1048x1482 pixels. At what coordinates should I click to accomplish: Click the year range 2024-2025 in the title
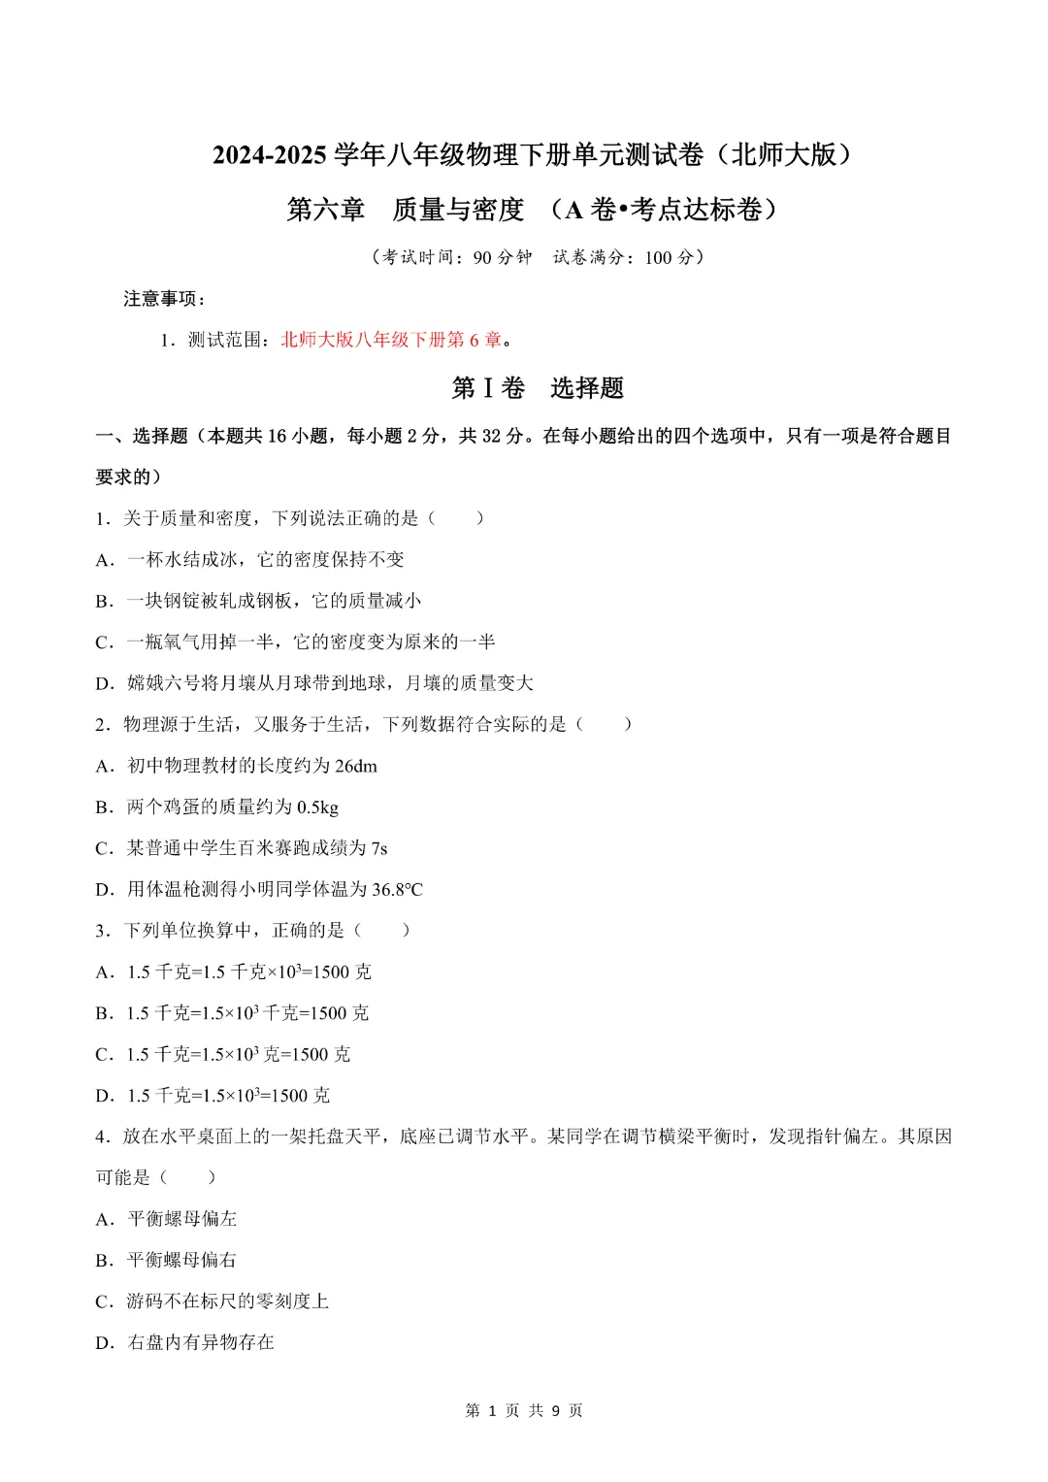[x=269, y=155]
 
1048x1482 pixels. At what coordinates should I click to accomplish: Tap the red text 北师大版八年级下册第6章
[x=391, y=340]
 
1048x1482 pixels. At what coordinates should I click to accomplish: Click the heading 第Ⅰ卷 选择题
[x=538, y=388]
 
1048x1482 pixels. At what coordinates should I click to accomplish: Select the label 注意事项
[x=164, y=299]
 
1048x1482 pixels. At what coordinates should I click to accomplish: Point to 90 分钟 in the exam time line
[x=503, y=257]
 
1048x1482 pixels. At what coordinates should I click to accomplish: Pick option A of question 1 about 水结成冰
[x=249, y=560]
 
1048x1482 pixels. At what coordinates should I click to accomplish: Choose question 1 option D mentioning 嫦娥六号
[x=314, y=683]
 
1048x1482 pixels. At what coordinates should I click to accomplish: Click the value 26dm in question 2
[x=356, y=766]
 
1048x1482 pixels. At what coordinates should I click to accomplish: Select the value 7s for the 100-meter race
[x=379, y=848]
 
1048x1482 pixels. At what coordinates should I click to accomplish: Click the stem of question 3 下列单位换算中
[x=233, y=931]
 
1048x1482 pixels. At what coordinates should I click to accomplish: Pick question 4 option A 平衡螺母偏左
[x=166, y=1219]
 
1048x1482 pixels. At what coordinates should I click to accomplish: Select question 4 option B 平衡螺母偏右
[x=166, y=1260]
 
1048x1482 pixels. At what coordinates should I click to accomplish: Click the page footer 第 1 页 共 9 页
[x=524, y=1410]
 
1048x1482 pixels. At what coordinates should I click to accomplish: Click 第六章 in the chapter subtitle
[x=325, y=210]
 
